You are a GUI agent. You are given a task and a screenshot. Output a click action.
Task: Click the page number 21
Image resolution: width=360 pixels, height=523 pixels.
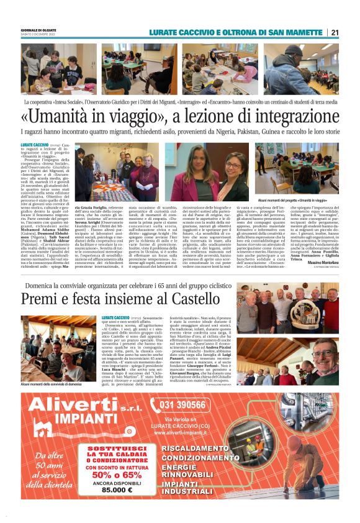pos(335,32)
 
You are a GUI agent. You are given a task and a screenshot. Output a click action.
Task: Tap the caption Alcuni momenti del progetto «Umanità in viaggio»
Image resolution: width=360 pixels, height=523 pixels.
pos(300,200)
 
